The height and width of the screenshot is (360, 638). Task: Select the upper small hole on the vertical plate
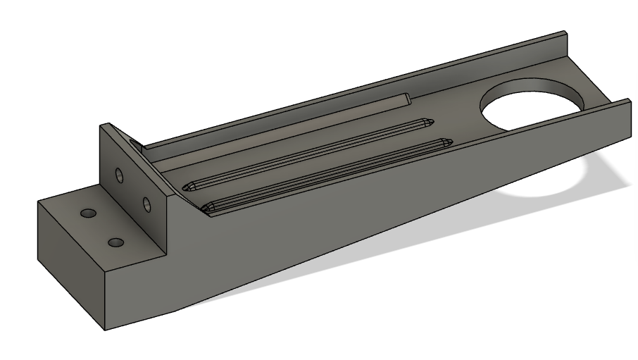pyautogui.click(x=119, y=174)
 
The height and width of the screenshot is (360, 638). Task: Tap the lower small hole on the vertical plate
pyautogui.click(x=146, y=205)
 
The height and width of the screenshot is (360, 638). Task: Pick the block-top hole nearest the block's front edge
pyautogui.click(x=116, y=242)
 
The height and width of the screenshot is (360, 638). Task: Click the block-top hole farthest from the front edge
pyautogui.click(x=89, y=213)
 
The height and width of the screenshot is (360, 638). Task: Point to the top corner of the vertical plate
pyautogui.click(x=103, y=125)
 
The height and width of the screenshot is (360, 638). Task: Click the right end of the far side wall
pyautogui.click(x=565, y=35)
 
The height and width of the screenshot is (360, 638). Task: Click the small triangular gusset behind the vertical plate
pyautogui.click(x=137, y=146)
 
